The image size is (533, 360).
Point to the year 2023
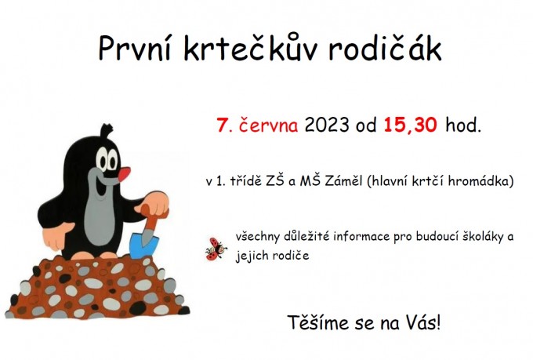[x=327, y=125]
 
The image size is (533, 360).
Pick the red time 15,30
[x=410, y=125]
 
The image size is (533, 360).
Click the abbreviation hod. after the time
[x=463, y=125]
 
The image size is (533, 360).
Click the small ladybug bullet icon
[x=216, y=249]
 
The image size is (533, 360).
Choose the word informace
[x=361, y=236]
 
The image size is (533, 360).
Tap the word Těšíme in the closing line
[x=318, y=322]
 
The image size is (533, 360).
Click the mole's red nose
[x=124, y=173]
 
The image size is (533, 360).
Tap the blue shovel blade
[x=143, y=244]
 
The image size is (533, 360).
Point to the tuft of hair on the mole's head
[x=107, y=130]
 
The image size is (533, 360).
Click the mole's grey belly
[x=100, y=221]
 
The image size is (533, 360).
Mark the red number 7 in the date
[x=223, y=125]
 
